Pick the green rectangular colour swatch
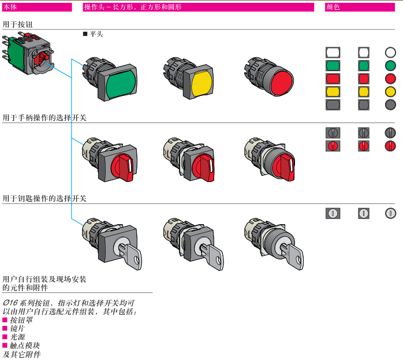(333, 65)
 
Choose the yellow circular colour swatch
(390, 91)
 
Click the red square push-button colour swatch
(363, 79)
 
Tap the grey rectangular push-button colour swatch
(333, 105)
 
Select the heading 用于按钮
(17, 25)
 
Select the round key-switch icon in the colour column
(390, 213)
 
